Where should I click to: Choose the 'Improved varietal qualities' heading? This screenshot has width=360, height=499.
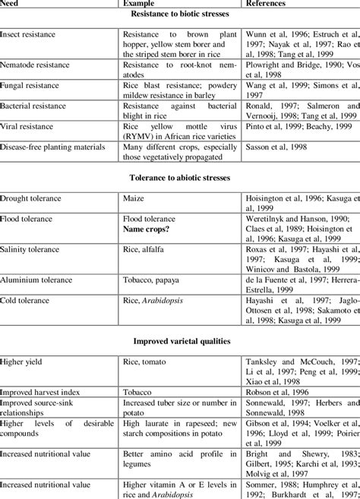point(180,340)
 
